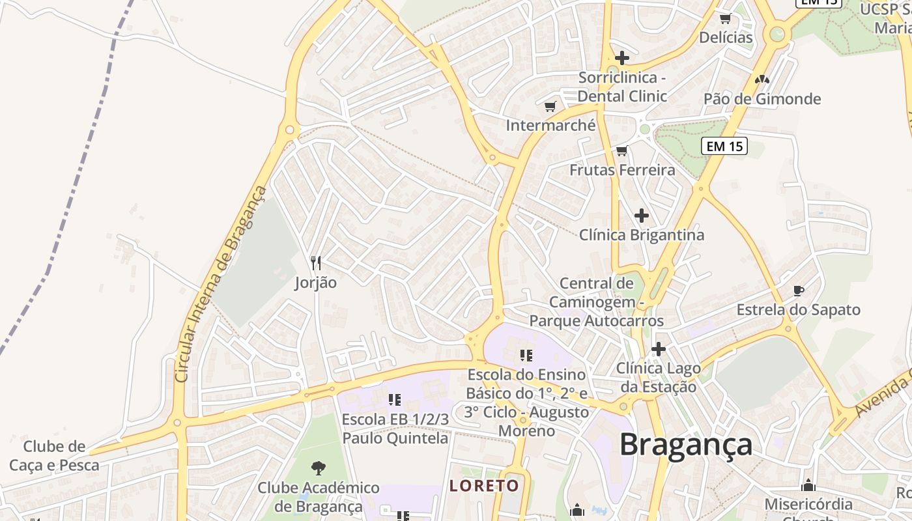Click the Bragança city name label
tap(686, 444)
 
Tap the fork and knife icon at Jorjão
tap(316, 263)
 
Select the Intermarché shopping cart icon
tap(550, 106)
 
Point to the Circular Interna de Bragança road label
tap(221, 285)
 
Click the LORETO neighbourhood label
tap(485, 485)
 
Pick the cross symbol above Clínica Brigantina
tap(642, 215)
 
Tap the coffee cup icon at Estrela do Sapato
tap(799, 290)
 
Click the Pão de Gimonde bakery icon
tap(762, 79)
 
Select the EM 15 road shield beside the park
tap(724, 146)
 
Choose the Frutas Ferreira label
tap(622, 170)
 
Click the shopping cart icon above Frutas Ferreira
tap(621, 151)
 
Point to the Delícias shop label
tap(726, 37)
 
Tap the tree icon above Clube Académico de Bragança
tap(319, 467)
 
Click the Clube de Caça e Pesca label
tap(55, 456)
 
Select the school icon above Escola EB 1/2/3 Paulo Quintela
tap(395, 399)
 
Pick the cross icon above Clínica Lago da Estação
tap(659, 349)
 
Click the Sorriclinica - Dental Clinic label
tap(623, 87)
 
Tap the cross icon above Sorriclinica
tap(622, 58)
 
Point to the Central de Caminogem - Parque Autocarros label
tap(597, 302)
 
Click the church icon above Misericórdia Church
tap(808, 485)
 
